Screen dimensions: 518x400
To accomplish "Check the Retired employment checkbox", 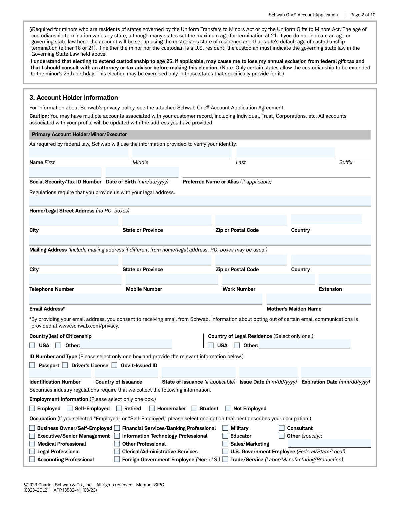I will point(119,409).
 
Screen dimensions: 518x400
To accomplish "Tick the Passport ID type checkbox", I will point(32,366).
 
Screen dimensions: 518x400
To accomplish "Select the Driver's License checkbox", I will point(65,366).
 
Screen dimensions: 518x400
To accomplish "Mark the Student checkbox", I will point(194,409).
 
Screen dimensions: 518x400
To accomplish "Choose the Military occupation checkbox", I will point(225,428).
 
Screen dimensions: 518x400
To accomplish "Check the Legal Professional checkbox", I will point(32,452).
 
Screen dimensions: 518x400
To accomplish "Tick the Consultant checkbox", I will point(282,428).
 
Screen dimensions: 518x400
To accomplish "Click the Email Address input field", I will point(146,299).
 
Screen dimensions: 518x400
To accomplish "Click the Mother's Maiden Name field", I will point(318,299).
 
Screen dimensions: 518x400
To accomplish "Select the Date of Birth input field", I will point(142,172).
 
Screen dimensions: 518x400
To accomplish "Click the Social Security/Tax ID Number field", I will point(65,172).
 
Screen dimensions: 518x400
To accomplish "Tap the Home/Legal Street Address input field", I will point(200,201).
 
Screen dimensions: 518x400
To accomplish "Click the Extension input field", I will point(345,280).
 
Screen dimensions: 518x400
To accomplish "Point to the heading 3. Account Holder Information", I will point(74,98).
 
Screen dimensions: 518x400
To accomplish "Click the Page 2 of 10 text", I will point(363,15).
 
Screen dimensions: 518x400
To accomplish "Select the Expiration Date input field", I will point(336,373).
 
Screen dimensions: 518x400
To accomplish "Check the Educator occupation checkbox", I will point(225,436).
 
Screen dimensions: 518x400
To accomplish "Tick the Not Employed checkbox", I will point(228,409).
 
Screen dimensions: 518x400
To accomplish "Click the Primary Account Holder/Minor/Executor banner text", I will point(79,134).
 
